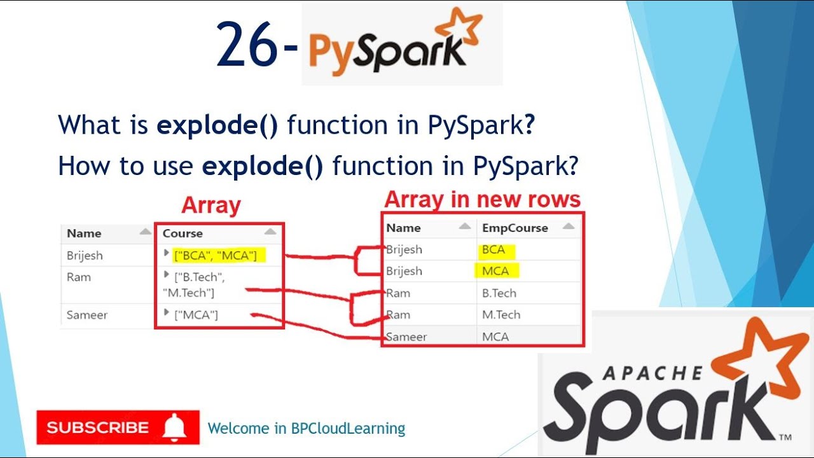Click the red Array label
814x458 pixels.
point(211,205)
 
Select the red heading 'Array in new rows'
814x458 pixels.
point(482,200)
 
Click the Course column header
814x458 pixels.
point(183,233)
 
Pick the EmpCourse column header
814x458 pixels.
point(514,228)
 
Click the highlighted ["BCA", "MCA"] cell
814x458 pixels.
point(215,256)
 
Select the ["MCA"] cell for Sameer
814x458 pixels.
point(196,315)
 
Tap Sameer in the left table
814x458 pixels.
point(87,315)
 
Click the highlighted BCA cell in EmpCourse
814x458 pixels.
point(493,250)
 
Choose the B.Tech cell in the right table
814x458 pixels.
point(499,293)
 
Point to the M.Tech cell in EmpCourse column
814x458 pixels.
point(501,315)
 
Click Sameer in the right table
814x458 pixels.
point(406,337)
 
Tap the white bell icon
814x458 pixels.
point(174,428)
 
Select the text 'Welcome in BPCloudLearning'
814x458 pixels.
point(307,429)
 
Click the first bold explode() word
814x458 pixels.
point(217,125)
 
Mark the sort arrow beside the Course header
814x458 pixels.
point(271,233)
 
